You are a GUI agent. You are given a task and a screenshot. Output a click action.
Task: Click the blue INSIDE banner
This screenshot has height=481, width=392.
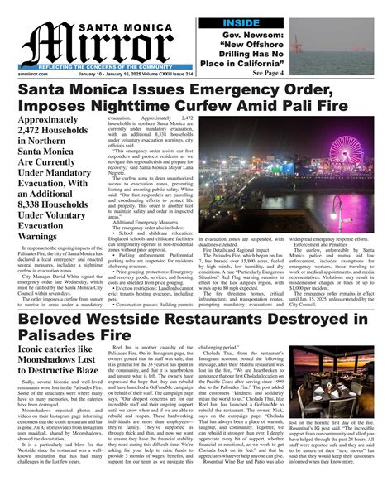click(264, 22)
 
